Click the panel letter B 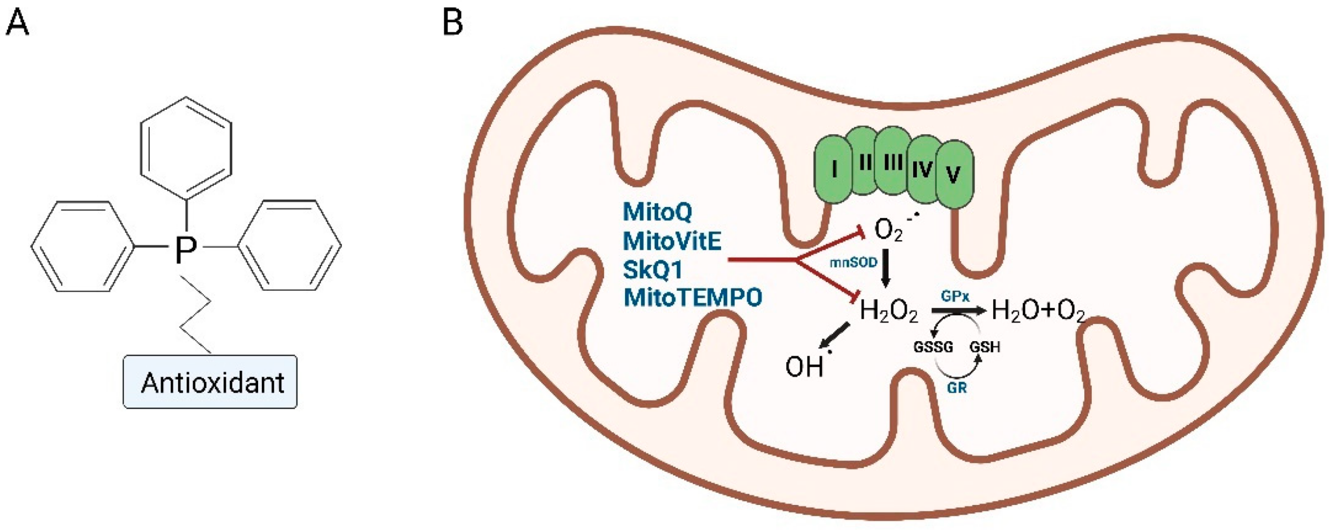click(x=452, y=23)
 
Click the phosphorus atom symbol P click(x=185, y=250)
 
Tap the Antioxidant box click(x=210, y=382)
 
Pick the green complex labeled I click(x=834, y=170)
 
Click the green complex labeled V click(x=953, y=175)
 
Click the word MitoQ click(x=657, y=212)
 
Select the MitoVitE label click(x=672, y=241)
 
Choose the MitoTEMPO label click(x=693, y=298)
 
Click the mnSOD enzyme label click(x=853, y=263)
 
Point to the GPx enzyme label click(x=955, y=296)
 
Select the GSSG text click(x=933, y=347)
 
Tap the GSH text click(x=984, y=347)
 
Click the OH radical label click(x=805, y=367)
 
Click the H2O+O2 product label click(x=1039, y=311)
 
